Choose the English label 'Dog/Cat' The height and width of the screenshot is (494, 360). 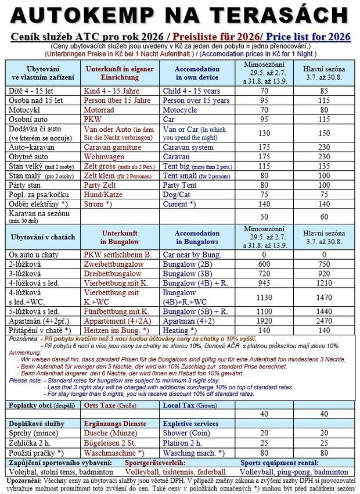coord(181,195)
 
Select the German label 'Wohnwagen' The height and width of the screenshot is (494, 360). coord(106,156)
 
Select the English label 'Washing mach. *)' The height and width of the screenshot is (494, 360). coord(195,453)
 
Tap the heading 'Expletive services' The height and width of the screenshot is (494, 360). coord(191,424)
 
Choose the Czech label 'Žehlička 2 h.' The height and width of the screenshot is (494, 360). coord(32,443)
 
